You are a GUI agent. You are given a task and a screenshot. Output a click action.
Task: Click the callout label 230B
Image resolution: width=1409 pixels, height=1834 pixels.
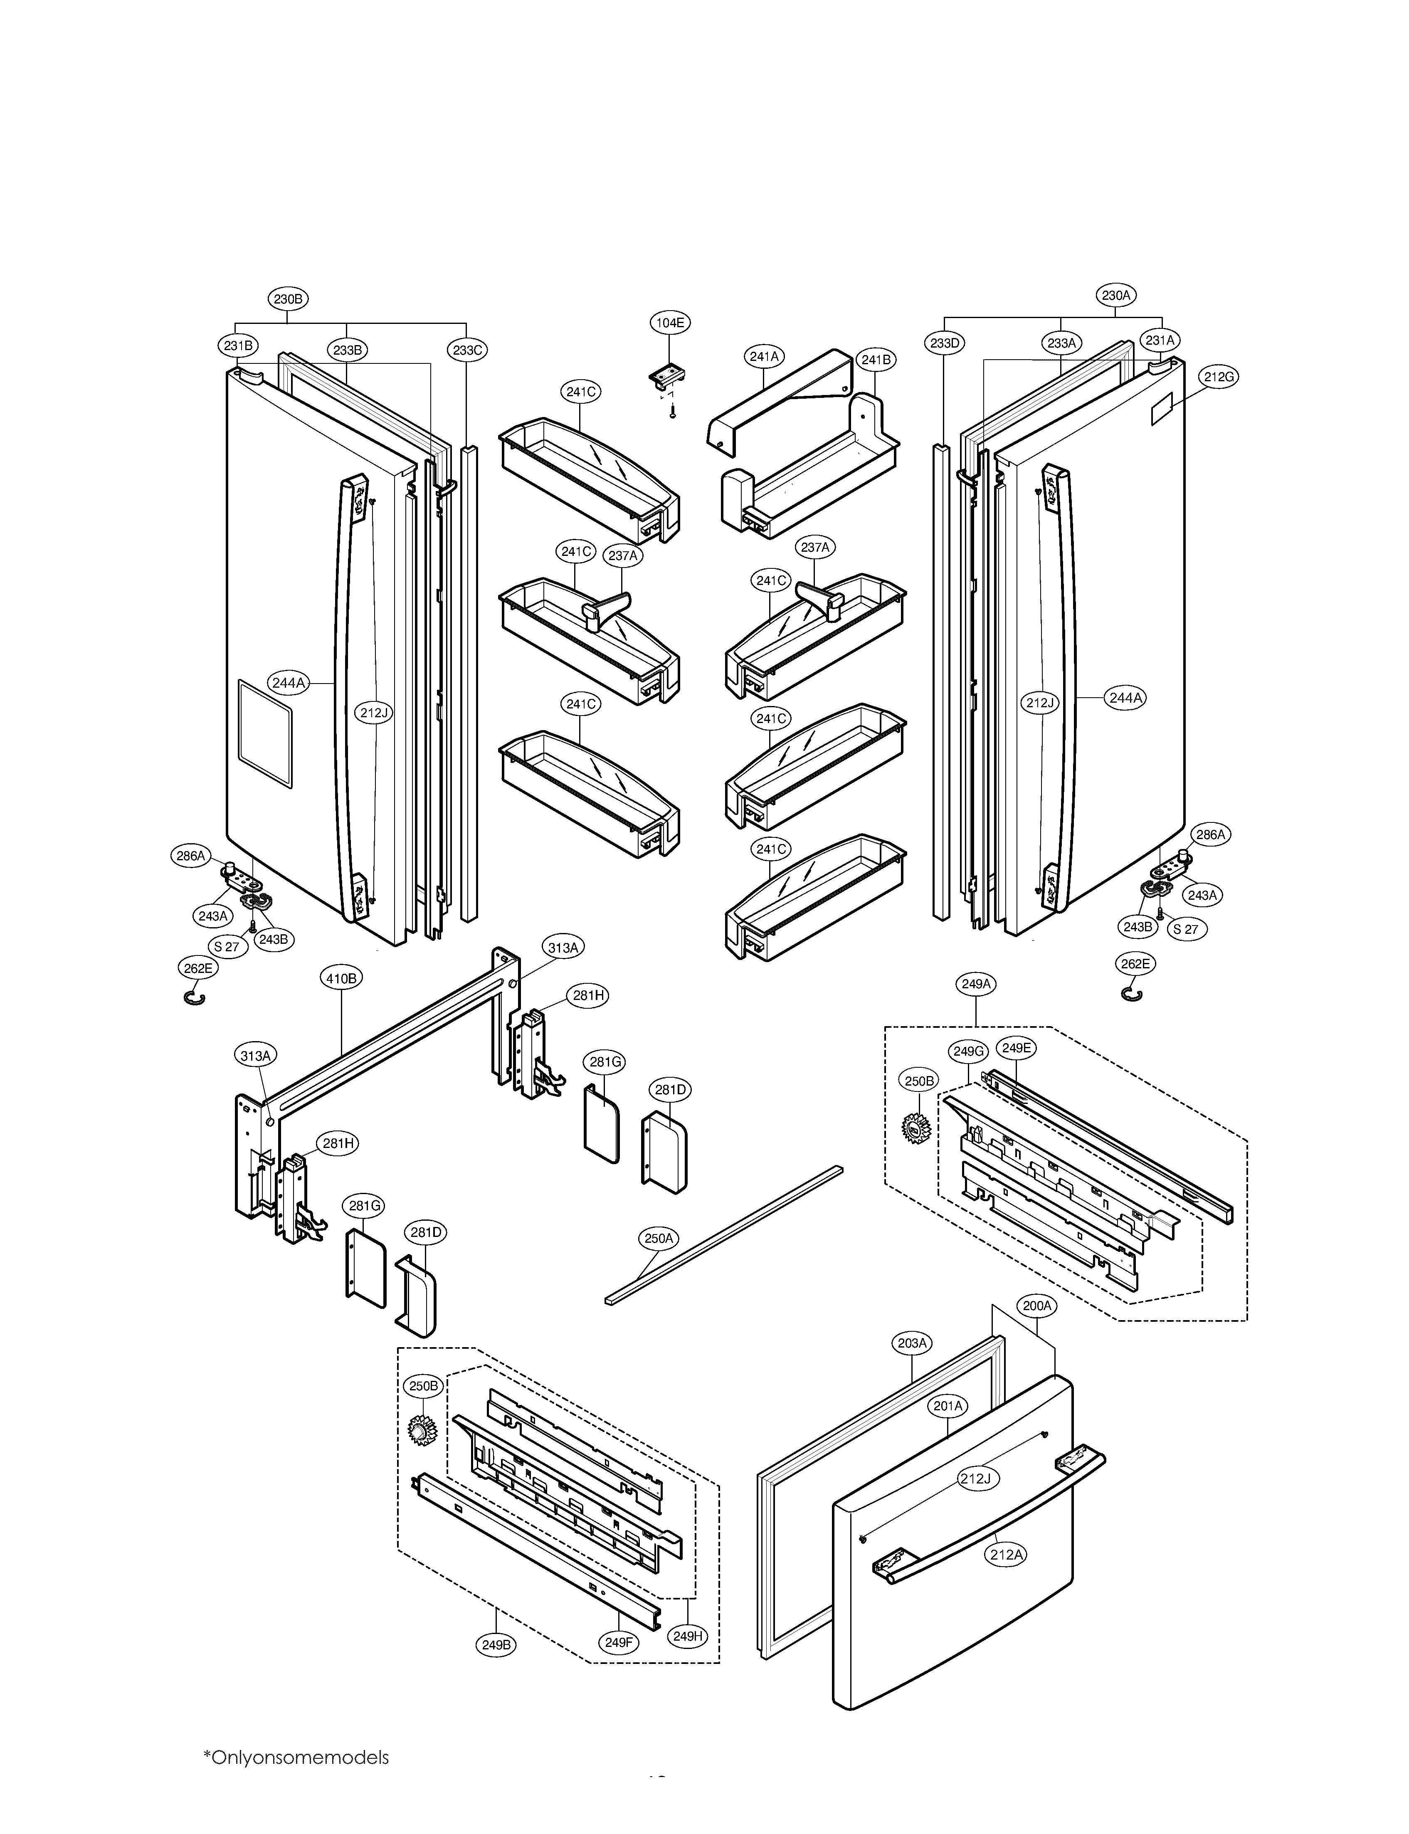[x=288, y=299]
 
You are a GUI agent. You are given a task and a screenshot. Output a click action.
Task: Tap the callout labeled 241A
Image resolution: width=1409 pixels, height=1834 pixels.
[x=764, y=356]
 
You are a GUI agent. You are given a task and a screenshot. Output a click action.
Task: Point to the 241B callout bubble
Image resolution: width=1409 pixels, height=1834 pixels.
[x=876, y=360]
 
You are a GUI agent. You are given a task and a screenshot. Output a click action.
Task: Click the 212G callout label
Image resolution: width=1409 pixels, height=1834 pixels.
[x=1219, y=378]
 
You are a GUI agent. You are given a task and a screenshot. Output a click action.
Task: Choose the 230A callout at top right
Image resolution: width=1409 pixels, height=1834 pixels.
[x=1116, y=295]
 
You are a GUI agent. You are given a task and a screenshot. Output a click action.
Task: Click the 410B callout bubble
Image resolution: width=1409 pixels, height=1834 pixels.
[x=341, y=978]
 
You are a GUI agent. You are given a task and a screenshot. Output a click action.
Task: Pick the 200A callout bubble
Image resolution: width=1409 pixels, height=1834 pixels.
[x=1036, y=1306]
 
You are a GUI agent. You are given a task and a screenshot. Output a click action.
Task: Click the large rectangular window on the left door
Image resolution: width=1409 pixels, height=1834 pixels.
[x=265, y=733]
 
